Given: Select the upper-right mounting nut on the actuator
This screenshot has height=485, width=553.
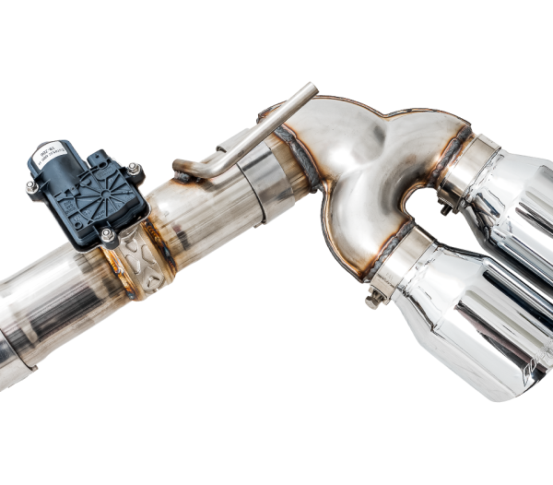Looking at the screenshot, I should coord(134,170).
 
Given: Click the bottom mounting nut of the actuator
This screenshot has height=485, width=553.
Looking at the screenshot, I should coord(108,236).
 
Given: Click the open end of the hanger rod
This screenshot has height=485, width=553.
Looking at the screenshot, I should coord(312,90).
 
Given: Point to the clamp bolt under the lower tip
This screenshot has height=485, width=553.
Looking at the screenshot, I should coord(374,299).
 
